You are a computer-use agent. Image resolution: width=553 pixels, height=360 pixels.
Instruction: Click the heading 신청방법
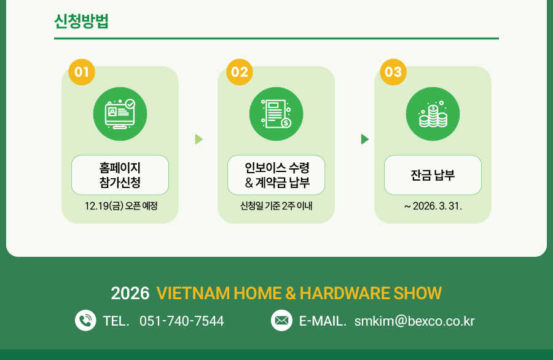coord(81,21)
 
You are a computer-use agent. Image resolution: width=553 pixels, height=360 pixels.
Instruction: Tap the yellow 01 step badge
coord(82,72)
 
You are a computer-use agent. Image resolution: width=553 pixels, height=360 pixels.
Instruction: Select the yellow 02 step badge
coord(240,72)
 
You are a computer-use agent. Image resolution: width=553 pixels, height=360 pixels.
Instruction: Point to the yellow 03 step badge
coord(393,72)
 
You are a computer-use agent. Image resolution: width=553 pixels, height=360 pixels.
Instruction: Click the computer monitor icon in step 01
coord(120,114)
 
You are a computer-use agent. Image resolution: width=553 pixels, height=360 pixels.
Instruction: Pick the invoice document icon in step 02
coord(276,114)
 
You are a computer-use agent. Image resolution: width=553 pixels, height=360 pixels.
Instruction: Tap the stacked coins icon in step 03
coord(433,114)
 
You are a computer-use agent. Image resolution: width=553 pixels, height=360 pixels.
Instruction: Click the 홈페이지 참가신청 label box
coord(120,175)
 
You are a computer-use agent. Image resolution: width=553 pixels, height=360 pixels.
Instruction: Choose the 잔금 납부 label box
coord(433,175)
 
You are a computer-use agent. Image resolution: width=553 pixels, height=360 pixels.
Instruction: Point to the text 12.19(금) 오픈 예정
coord(121,206)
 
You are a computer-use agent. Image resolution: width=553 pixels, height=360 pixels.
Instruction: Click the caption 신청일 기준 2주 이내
coord(276,206)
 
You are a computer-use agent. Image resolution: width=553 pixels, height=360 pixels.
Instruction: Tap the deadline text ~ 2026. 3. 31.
coord(433,206)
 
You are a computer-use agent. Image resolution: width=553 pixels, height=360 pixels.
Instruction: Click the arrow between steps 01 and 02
coord(198,139)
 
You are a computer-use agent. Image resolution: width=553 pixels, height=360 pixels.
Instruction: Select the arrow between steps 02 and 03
coord(364,139)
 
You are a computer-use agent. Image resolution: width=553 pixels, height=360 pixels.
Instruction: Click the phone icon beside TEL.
coord(85,320)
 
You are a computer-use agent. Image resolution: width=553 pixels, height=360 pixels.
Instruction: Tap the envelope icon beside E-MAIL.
coord(281,320)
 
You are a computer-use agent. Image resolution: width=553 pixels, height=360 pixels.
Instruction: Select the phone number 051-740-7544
coord(182,321)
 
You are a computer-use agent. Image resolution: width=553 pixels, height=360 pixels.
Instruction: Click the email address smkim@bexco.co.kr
coord(414,321)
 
